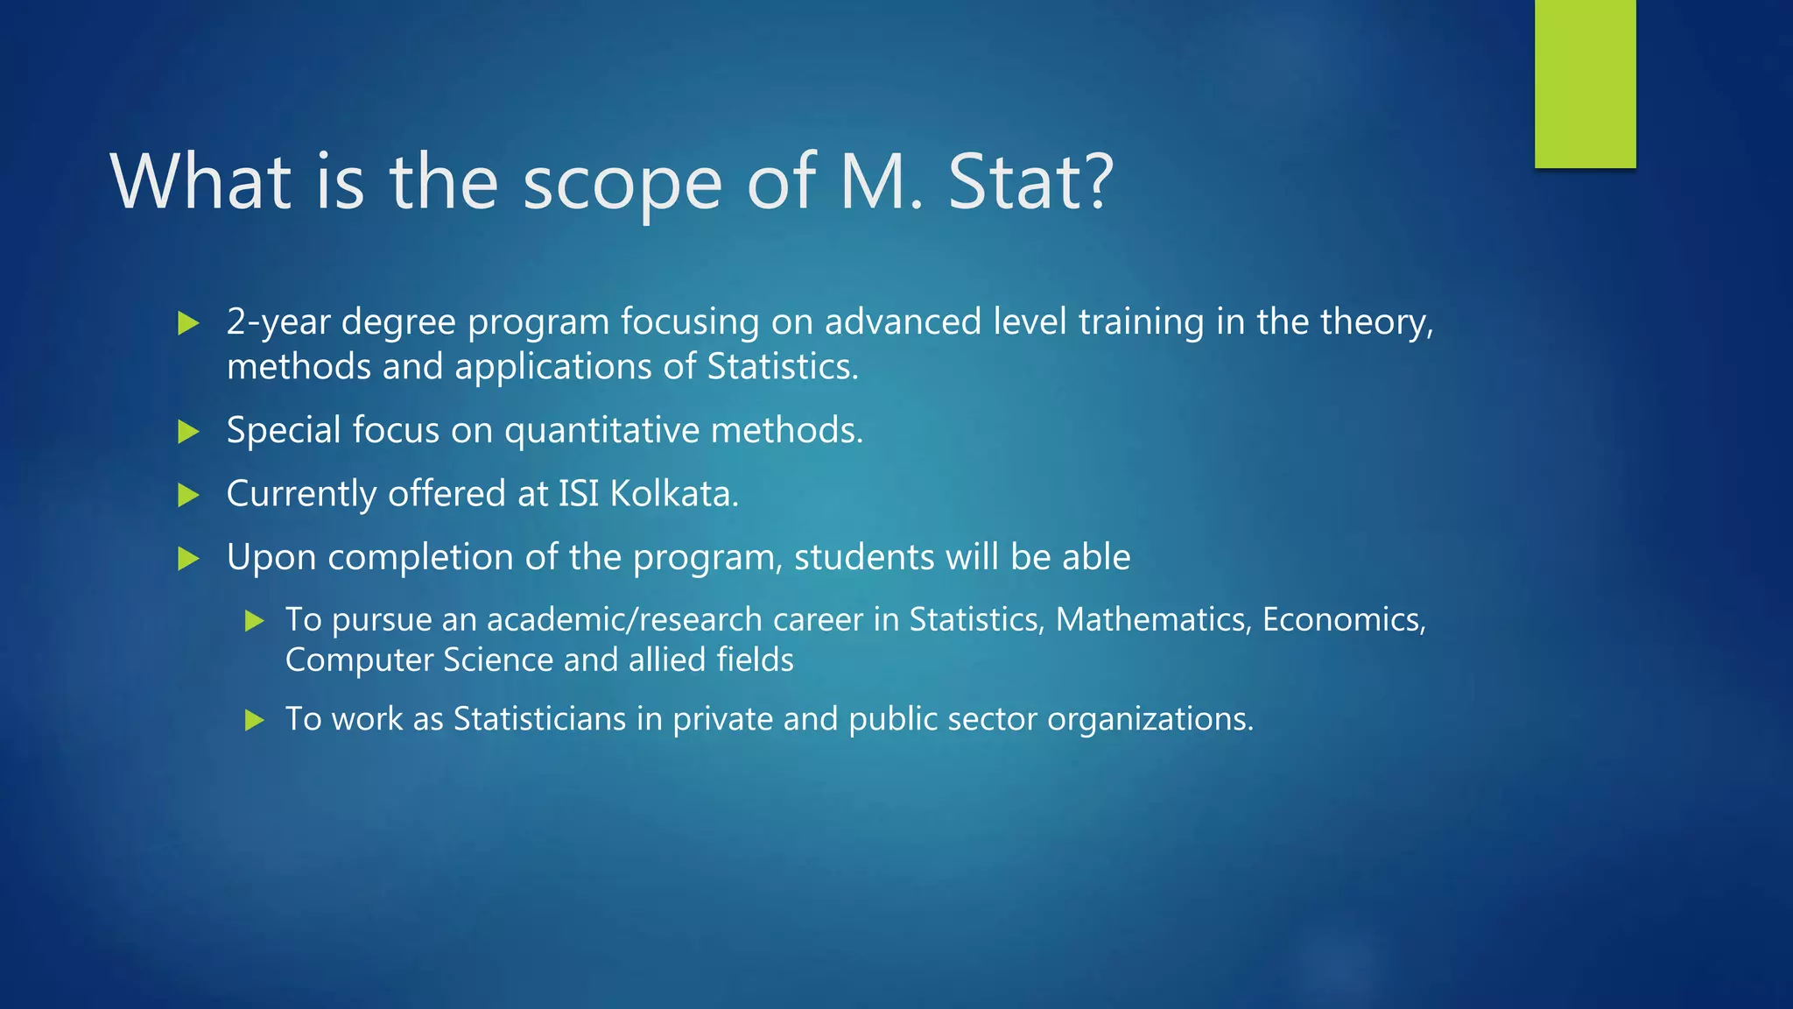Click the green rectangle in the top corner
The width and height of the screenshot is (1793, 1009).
point(1585,83)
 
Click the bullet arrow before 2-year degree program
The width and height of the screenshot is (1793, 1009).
point(188,324)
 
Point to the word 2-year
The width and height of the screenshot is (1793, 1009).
point(278,322)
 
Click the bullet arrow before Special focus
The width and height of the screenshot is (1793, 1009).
point(188,432)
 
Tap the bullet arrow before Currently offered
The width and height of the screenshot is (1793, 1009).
point(188,496)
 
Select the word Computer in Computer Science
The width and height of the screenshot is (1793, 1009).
point(359,660)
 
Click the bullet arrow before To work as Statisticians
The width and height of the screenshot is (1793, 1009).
point(255,721)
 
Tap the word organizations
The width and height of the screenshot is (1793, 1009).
point(1150,720)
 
